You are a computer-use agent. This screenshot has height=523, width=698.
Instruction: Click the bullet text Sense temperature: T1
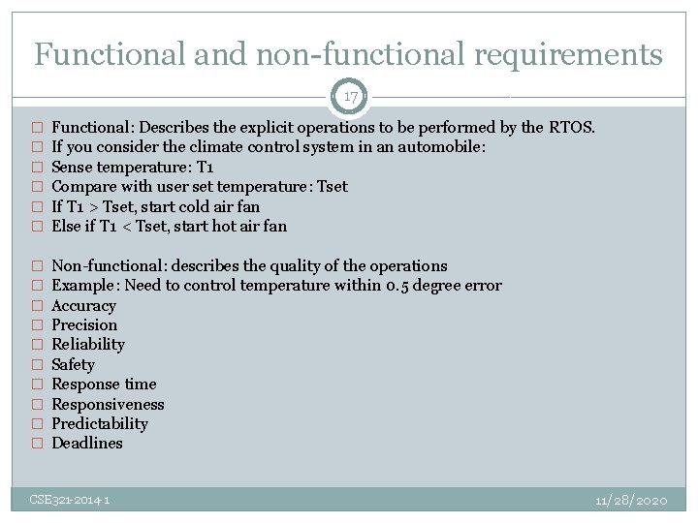point(132,167)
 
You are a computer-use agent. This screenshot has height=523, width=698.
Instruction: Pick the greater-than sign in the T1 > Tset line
point(93,206)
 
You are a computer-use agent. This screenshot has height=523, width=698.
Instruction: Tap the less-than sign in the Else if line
point(127,227)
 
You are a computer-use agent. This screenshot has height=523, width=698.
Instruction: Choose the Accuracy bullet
point(83,305)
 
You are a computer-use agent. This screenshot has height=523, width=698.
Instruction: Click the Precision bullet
point(84,325)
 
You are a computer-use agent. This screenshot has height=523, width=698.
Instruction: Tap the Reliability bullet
point(88,345)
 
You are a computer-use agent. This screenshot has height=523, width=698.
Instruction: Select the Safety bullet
point(73,364)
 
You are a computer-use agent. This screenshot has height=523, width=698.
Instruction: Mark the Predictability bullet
point(100,423)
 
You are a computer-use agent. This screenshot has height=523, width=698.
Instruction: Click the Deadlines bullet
point(87,444)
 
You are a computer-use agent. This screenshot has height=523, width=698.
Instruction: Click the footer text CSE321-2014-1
point(70,500)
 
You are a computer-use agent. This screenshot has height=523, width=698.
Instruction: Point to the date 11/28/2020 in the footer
point(631,500)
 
